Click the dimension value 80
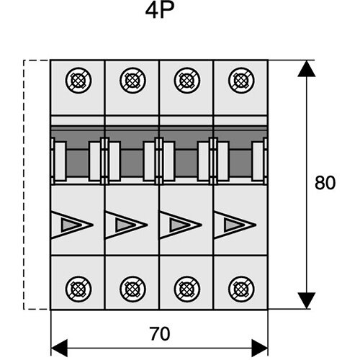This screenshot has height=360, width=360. click(325, 183)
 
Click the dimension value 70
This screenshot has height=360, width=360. click(160, 333)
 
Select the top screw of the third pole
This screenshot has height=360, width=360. click(186, 79)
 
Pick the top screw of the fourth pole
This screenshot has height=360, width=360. click(240, 79)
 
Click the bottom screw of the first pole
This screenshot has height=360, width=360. click(78, 289)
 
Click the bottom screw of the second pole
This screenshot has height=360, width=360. click(132, 289)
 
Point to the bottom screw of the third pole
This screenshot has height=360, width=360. click(186, 289)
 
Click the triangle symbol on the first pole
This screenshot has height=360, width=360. click(71, 225)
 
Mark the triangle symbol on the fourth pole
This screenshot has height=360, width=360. click(234, 225)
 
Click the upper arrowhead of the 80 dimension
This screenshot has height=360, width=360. click(307, 69)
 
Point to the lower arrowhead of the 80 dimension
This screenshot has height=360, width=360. click(307, 300)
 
